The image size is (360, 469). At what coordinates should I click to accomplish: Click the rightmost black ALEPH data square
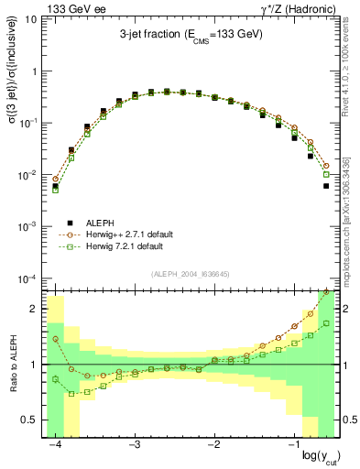(326, 186)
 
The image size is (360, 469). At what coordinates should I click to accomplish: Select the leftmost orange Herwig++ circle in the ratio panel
(55, 339)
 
